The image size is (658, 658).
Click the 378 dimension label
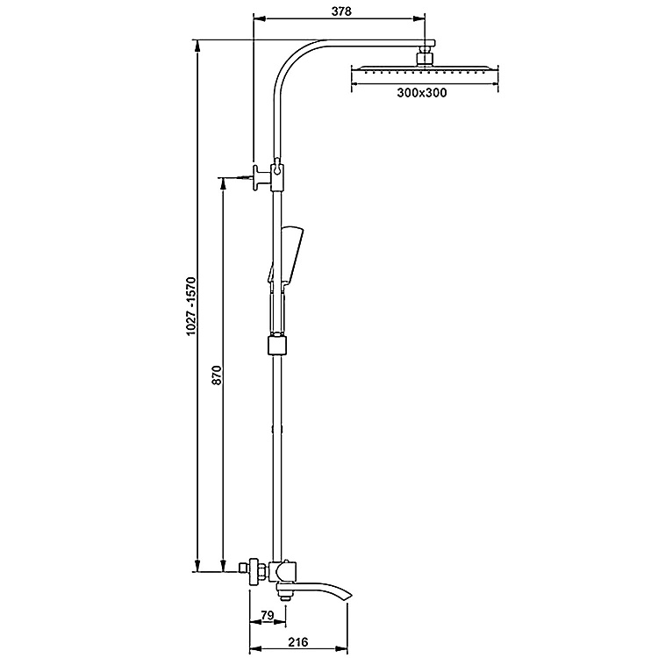[341, 11]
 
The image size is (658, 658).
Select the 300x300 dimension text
[422, 92]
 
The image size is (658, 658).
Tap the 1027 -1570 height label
[191, 306]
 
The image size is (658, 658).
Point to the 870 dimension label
[217, 375]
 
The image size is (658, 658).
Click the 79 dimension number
[268, 615]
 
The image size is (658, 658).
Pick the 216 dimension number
[298, 641]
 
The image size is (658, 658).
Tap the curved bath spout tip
[349, 597]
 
